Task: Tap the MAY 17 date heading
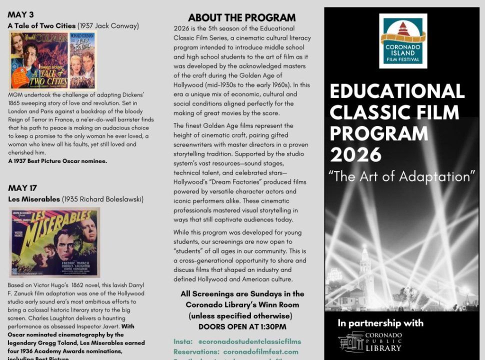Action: [x=22, y=188]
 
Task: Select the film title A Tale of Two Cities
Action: [x=41, y=25]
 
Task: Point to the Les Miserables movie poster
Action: [x=54, y=242]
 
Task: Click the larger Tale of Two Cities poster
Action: [x=39, y=61]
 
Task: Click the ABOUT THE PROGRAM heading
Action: [x=241, y=17]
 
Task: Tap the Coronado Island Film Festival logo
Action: [x=402, y=41]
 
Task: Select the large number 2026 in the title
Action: [x=356, y=154]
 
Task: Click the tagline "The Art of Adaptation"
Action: [x=401, y=176]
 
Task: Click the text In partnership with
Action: [x=380, y=322]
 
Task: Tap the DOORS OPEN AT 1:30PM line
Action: [x=242, y=326]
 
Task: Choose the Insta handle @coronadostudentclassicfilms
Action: [x=249, y=341]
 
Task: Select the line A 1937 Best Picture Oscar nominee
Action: [x=57, y=161]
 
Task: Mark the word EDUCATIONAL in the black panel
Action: [x=397, y=91]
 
